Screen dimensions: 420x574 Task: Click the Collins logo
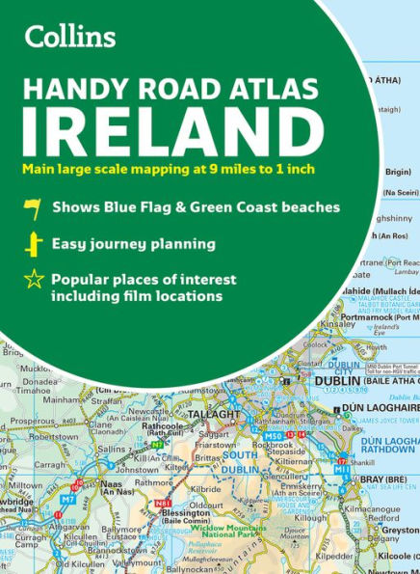coord(70,37)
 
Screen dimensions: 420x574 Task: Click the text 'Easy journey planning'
coord(133,243)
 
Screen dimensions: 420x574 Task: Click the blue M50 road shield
coord(271,436)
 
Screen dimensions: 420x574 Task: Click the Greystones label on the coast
coord(401,530)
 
